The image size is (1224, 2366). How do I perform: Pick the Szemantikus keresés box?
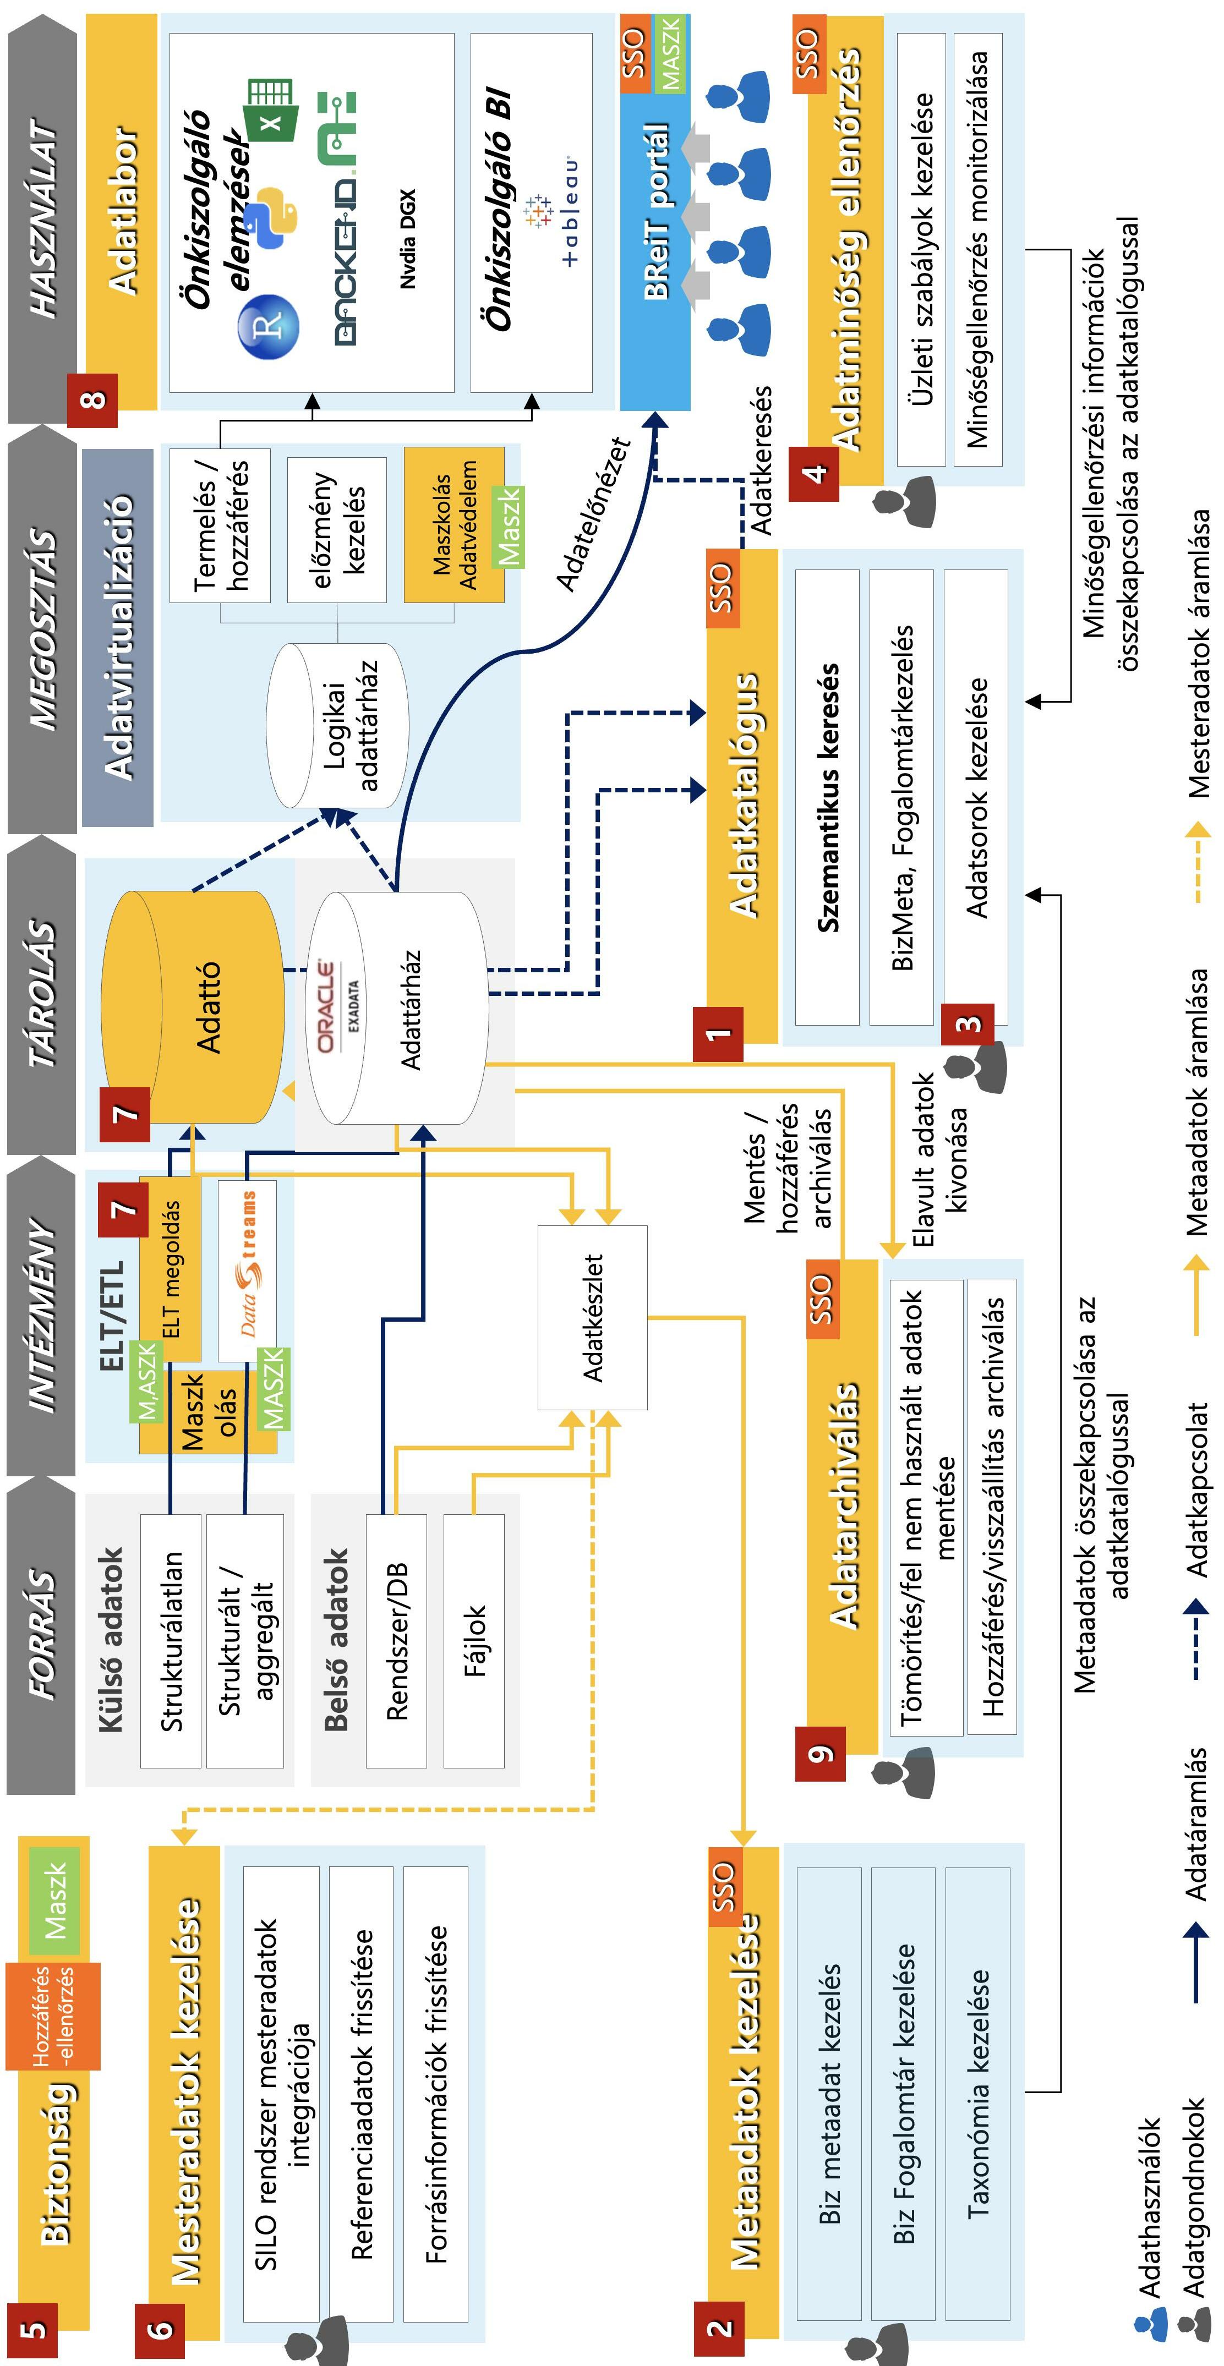(827, 797)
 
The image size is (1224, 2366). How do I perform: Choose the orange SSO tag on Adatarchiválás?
(821, 1299)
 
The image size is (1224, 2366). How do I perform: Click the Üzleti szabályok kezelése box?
(922, 250)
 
